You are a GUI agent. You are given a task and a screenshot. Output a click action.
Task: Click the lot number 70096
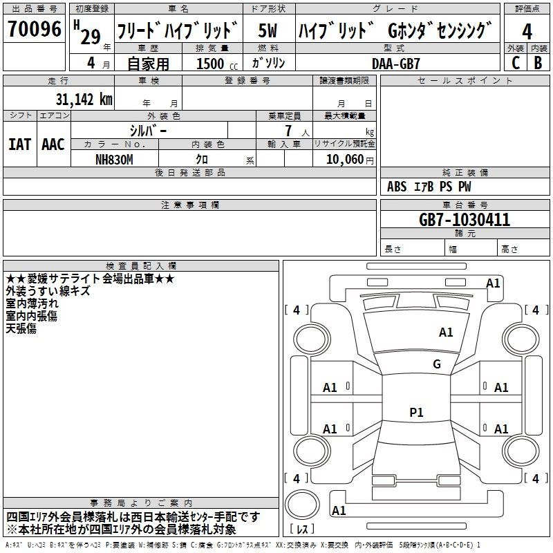pos(35,28)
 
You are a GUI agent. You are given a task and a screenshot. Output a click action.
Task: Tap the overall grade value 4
pos(527,32)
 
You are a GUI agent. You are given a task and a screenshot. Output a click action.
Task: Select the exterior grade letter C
pos(516,63)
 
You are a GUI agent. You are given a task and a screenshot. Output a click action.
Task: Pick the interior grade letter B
pos(538,63)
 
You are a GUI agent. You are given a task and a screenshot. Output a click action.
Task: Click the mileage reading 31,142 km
pos(84,100)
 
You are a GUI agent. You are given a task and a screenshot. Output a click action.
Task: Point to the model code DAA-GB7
pos(395,64)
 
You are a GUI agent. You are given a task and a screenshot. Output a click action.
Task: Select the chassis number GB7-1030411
pos(465,220)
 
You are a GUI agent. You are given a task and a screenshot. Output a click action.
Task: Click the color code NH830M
pos(114,160)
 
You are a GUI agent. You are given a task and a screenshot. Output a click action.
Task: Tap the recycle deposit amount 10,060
pos(345,160)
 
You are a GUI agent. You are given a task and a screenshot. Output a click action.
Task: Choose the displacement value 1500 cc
pos(217,64)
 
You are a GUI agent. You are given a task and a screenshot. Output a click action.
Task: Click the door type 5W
pos(268,30)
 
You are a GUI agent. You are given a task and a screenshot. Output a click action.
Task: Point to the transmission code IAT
pos(20,144)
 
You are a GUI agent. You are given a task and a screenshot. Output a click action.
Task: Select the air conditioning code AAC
pos(53,144)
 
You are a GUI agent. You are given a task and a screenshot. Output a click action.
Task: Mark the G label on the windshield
pos(437,364)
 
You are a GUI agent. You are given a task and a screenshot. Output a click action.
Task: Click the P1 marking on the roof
pos(416,412)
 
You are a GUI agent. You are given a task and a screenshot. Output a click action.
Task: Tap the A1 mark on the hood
pos(446,332)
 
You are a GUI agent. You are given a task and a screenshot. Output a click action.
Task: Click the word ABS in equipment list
pos(397,187)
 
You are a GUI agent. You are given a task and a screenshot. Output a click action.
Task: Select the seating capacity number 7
pos(288,131)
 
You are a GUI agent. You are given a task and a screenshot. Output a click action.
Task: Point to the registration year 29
pos(91,37)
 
